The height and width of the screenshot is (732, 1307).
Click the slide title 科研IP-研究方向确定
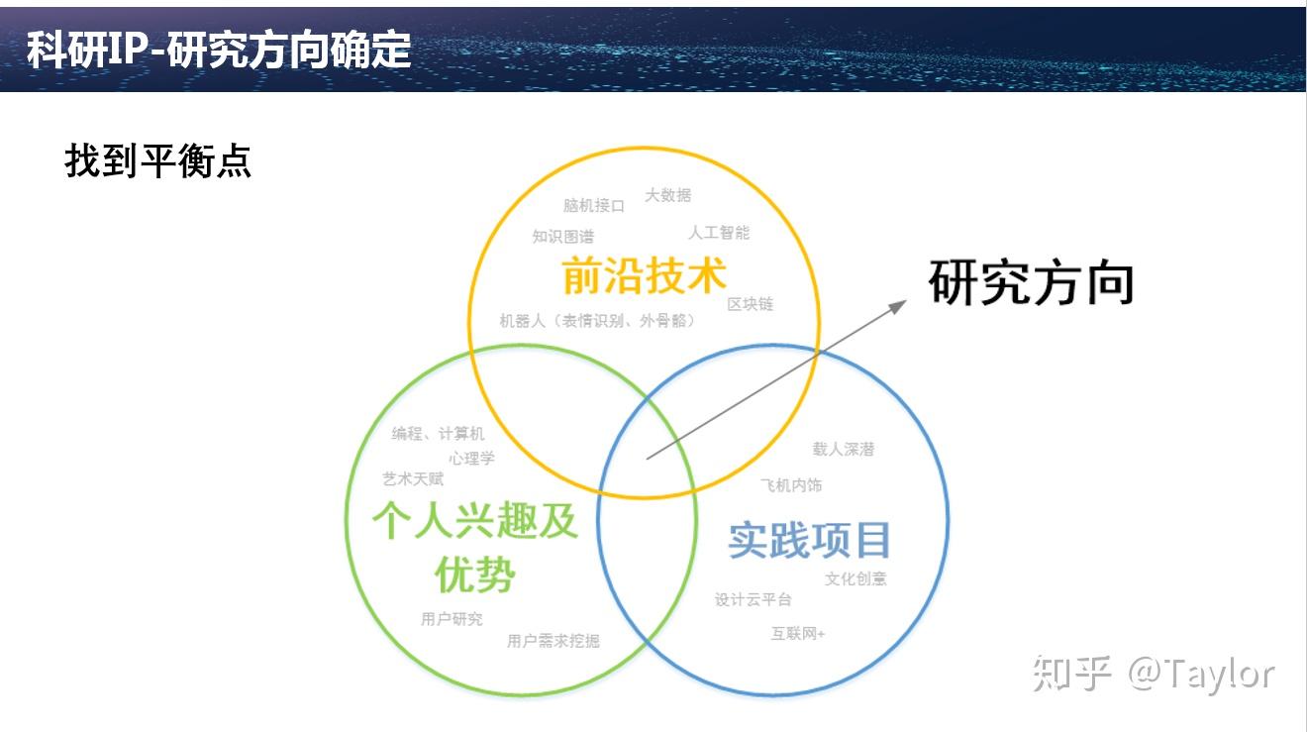[x=219, y=50]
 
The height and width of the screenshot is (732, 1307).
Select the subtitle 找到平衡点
[x=157, y=160]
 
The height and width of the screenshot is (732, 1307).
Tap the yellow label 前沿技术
[x=645, y=275]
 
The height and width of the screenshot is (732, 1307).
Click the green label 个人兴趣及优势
[x=475, y=547]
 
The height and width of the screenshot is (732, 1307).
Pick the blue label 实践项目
[x=809, y=540]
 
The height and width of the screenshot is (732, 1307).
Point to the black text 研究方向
[x=1031, y=282]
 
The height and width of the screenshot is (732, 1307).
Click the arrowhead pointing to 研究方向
[x=899, y=305]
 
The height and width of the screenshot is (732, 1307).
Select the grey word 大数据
[x=668, y=195]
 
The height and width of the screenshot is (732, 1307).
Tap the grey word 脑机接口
[x=594, y=205]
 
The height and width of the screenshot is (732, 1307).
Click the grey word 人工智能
[x=719, y=233]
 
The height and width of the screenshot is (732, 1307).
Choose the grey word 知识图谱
[x=563, y=237]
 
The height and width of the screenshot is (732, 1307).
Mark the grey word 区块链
[x=751, y=303]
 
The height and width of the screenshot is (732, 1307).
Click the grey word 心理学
[x=472, y=459]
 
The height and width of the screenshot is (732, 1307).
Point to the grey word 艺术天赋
[x=413, y=479]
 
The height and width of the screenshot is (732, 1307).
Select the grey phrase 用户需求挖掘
[x=553, y=641]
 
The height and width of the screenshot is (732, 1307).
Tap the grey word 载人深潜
[x=844, y=449]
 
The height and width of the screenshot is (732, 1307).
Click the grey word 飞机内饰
[x=791, y=485]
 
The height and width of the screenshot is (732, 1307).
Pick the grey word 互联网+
[x=798, y=633]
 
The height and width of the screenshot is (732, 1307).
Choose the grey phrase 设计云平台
[x=754, y=599]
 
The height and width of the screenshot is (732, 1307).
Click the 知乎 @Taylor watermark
[x=1154, y=675]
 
